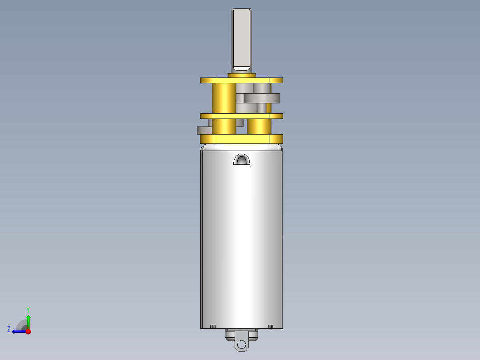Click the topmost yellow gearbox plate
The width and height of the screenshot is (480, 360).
click(x=241, y=81)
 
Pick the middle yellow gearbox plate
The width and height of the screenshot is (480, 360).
click(x=241, y=116)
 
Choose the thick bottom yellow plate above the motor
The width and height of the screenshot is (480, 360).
click(x=241, y=139)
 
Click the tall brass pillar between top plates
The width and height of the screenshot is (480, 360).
click(x=224, y=98)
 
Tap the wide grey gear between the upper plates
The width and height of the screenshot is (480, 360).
click(x=262, y=98)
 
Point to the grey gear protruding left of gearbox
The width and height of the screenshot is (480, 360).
click(x=204, y=130)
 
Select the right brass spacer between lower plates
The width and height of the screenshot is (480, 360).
click(x=259, y=126)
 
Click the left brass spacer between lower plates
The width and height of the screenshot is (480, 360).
click(x=224, y=126)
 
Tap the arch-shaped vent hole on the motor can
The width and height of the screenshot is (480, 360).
click(x=242, y=160)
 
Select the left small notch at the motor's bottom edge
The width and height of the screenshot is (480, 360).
click(x=213, y=327)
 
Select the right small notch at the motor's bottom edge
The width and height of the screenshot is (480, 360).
click(x=270, y=327)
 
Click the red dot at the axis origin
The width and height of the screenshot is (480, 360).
click(x=28, y=331)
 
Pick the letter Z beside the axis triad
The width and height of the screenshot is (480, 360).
click(x=9, y=329)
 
